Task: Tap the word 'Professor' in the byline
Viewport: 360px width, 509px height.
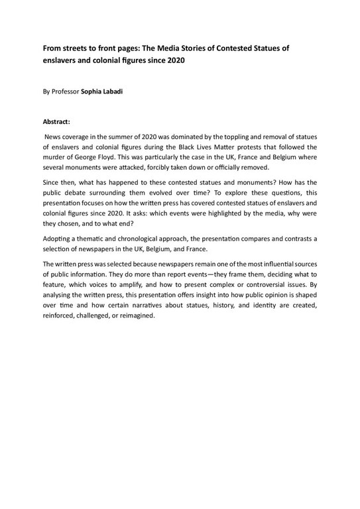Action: click(66, 93)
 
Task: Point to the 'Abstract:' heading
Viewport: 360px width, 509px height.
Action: click(56, 122)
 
